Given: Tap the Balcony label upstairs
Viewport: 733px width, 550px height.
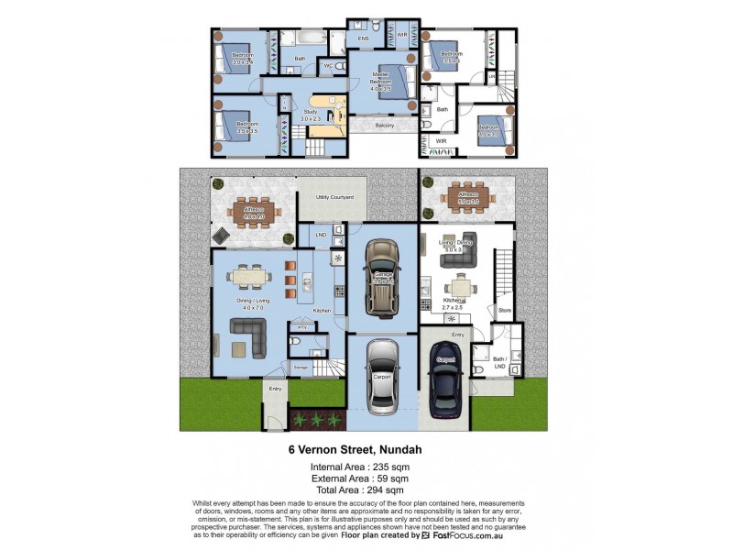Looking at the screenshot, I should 385,125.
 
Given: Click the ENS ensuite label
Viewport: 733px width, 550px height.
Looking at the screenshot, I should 363,39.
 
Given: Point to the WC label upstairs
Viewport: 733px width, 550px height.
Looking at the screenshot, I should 328,66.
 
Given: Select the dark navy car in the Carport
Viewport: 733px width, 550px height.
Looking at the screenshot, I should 447,379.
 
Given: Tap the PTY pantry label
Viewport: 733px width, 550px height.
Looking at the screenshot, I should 301,326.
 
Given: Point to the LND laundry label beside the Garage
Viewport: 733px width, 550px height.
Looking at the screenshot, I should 321,236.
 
